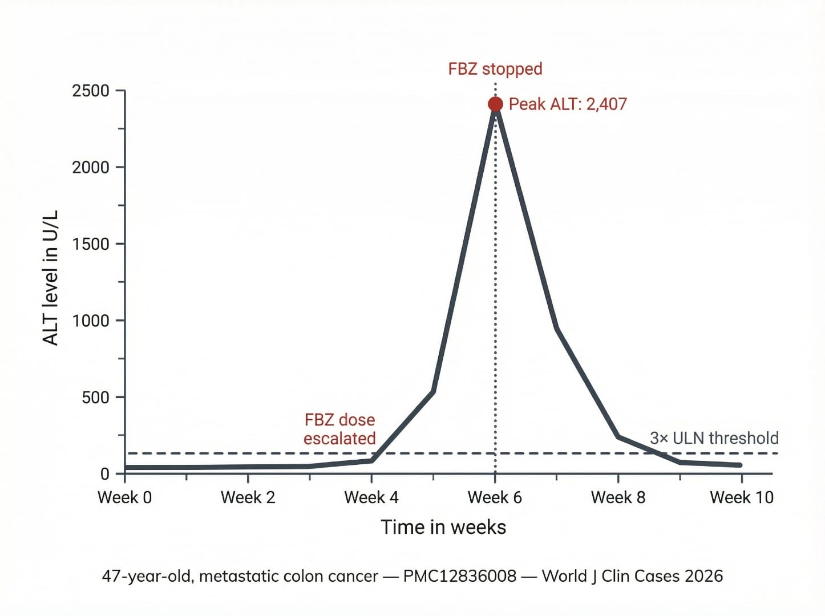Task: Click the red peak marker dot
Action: coord(495,104)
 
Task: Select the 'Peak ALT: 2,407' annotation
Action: coord(567,104)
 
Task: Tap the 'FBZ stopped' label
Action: coord(495,69)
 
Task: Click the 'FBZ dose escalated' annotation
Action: coord(339,429)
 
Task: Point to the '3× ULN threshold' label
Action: coord(714,438)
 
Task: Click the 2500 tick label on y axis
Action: coord(90,91)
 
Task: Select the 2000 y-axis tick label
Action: coord(90,167)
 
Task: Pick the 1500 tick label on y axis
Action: coord(90,244)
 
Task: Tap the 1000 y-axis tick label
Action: coord(90,321)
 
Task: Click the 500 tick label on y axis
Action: coord(95,398)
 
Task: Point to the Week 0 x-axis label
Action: coord(124,497)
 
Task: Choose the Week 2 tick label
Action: coord(248,497)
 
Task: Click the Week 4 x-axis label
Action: coord(371,497)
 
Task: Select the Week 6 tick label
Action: coord(495,497)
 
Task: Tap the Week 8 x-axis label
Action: coord(618,497)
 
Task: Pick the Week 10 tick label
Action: coord(741,497)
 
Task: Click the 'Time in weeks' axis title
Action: coord(443,527)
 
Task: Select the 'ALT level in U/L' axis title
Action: coord(50,278)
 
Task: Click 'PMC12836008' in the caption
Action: coord(459,576)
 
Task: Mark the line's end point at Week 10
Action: coord(740,465)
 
